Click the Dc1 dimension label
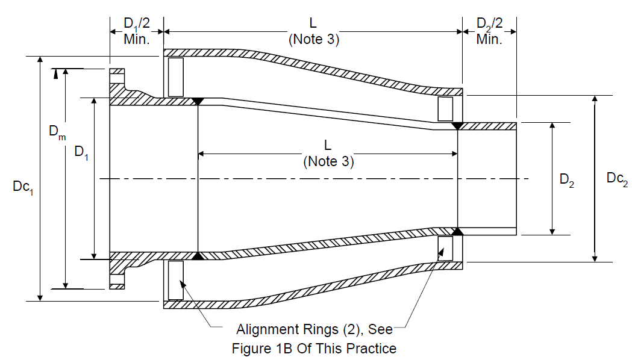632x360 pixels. coord(23,187)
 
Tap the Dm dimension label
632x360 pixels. coord(57,132)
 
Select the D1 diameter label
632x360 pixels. coord(81,153)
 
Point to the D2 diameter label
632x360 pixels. coord(567,180)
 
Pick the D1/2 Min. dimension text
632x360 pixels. coord(137,31)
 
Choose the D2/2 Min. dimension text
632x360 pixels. coord(489,31)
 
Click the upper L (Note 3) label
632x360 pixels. coord(313,31)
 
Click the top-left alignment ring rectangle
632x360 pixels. coord(176,77)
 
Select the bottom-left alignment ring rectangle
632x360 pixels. coord(176,281)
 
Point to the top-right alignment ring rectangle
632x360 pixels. coord(445,109)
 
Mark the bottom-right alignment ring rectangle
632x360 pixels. coord(445,249)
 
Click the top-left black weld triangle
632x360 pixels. coord(198,101)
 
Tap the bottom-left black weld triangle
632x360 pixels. coord(198,256)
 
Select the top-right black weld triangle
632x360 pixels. coord(457,126)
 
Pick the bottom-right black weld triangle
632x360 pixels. coord(457,232)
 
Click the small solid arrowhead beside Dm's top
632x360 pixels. coord(55,74)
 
